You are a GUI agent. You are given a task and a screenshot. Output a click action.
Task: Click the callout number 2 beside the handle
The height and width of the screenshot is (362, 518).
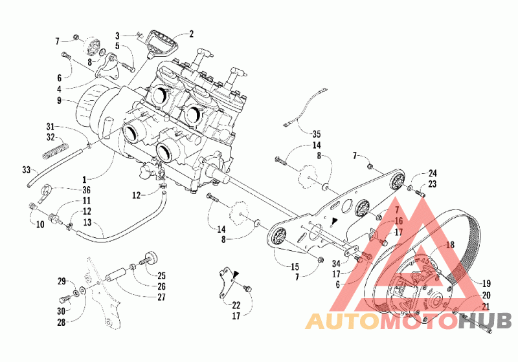[191, 34]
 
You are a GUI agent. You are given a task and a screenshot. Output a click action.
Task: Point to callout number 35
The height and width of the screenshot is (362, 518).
[316, 134]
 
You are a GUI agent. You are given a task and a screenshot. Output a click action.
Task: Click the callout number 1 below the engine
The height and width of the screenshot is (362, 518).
[85, 180]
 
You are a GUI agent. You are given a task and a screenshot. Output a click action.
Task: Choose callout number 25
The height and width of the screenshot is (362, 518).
[161, 275]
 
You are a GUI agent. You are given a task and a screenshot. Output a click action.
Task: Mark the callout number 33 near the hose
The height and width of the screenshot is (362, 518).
[26, 170]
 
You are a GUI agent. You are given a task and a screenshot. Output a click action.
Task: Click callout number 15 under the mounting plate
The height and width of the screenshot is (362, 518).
[295, 267]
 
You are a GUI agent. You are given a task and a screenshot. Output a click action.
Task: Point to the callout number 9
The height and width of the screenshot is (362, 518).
[59, 100]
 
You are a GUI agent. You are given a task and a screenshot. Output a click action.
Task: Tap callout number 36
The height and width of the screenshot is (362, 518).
[86, 190]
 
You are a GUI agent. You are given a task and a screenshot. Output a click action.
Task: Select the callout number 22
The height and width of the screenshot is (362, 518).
[236, 305]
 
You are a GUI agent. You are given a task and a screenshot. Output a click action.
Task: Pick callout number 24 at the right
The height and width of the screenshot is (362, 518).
[433, 173]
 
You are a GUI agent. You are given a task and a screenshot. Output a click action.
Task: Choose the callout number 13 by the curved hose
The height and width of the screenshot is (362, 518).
[87, 222]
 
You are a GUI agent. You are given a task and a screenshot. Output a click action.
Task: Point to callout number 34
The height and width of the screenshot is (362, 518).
[336, 264]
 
